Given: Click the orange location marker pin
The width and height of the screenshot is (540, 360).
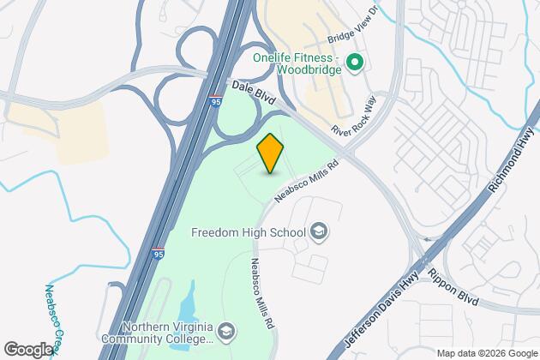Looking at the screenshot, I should click(270, 153).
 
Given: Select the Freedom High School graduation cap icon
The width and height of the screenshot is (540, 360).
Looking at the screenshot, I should click(318, 231).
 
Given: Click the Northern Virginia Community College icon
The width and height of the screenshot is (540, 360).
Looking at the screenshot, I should click(226, 331).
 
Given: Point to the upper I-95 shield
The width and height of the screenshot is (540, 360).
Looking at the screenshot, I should click(214, 101).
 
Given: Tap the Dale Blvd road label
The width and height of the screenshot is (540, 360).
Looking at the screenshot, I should click(254, 93).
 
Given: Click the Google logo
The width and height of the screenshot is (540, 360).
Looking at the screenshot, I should click(28, 349).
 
